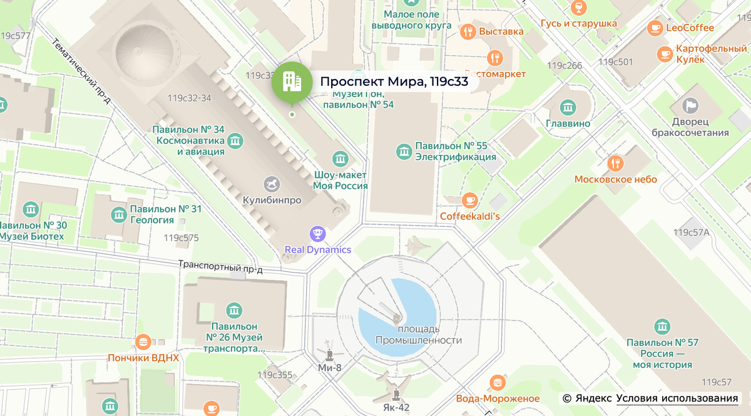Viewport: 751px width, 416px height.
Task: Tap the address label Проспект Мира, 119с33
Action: [394, 82]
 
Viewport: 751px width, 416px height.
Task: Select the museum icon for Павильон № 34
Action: [235, 140]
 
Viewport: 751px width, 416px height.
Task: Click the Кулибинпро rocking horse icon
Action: [272, 184]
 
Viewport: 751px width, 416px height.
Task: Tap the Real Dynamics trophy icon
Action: [318, 234]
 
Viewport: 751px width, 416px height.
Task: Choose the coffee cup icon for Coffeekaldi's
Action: [469, 200]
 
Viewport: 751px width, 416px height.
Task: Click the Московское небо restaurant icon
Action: [616, 164]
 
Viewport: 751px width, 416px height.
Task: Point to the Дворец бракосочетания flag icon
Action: [690, 105]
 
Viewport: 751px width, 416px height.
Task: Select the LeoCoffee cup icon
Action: [655, 28]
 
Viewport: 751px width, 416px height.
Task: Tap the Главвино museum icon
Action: [568, 108]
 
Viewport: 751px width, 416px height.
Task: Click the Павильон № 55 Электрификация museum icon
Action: [404, 150]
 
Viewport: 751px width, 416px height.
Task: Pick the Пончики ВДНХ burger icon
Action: [143, 342]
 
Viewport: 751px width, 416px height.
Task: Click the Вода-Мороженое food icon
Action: [498, 383]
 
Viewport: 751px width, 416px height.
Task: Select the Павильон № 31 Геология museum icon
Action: [118, 215]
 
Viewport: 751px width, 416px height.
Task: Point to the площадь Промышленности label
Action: [418, 335]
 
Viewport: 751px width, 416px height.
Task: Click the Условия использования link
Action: [677, 398]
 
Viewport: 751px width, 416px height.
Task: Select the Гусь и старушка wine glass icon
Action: [579, 8]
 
